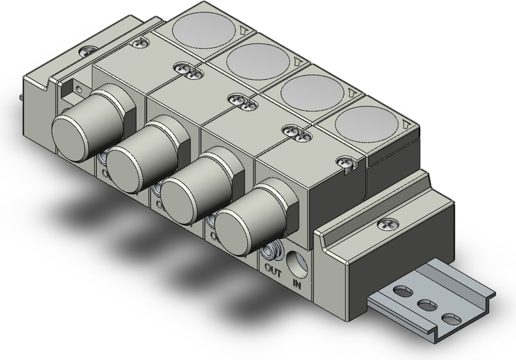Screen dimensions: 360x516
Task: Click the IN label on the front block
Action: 299,282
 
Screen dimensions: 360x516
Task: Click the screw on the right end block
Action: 387,224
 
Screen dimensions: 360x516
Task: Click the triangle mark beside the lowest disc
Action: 406,125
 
